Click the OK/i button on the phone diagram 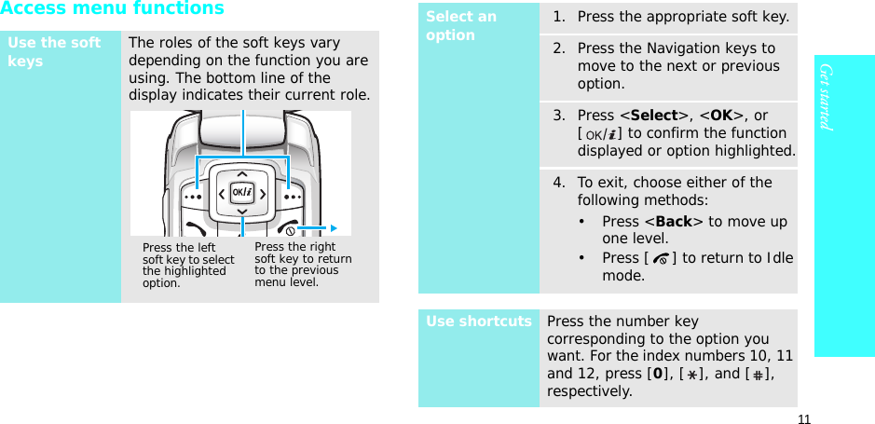click(242, 193)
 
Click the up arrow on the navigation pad click(242, 174)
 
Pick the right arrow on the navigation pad click(264, 194)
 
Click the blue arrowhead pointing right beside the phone click(333, 227)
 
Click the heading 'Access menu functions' click(112, 9)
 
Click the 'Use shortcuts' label click(479, 321)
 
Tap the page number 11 click(803, 418)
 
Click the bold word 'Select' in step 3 click(653, 116)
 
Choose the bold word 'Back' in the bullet click(672, 221)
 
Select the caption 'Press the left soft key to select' click(187, 253)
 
